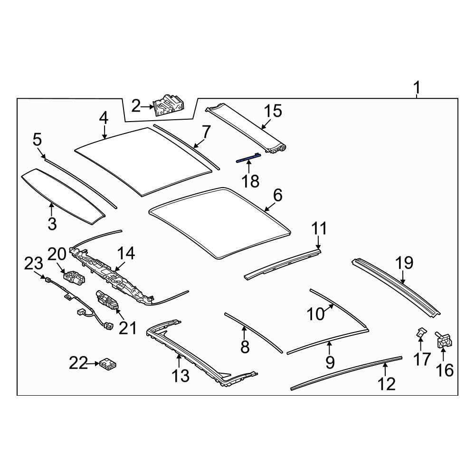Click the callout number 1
pyautogui.click(x=417, y=88)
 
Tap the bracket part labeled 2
pyautogui.click(x=169, y=105)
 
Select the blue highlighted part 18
pyautogui.click(x=248, y=158)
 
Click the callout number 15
pyautogui.click(x=273, y=111)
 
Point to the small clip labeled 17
pyautogui.click(x=420, y=333)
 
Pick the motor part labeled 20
pyautogui.click(x=73, y=278)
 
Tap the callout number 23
pyautogui.click(x=34, y=264)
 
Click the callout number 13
pyautogui.click(x=180, y=376)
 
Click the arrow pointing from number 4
pyautogui.click(x=104, y=132)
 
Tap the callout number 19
pyautogui.click(x=404, y=263)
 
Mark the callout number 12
pyautogui.click(x=387, y=384)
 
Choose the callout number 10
pyautogui.click(x=316, y=314)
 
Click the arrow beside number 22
pyautogui.click(x=93, y=363)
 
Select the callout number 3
pyautogui.click(x=52, y=224)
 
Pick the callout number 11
pyautogui.click(x=319, y=228)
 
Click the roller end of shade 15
pyautogui.click(x=278, y=148)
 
